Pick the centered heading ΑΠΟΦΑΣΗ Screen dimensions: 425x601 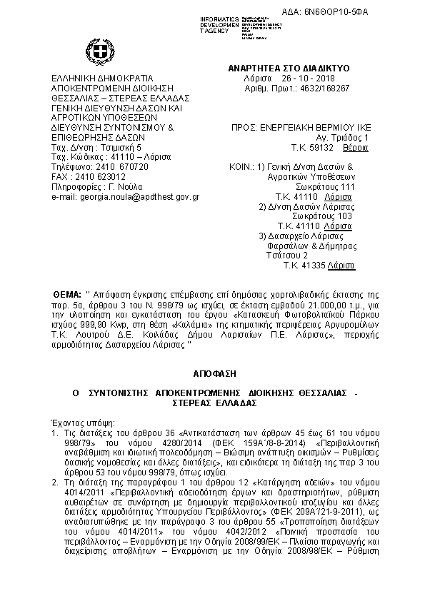pyautogui.click(x=213, y=373)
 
